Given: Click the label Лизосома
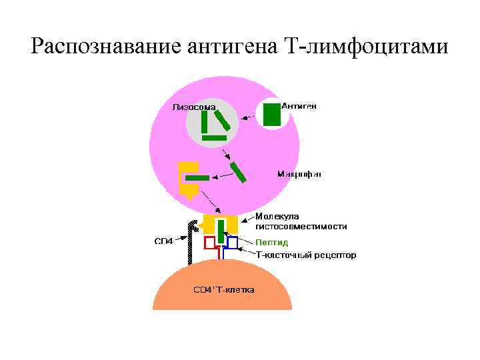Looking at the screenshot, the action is (x=194, y=107).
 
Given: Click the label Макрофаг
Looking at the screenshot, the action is (x=299, y=173).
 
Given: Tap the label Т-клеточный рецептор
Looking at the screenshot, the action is (x=306, y=255).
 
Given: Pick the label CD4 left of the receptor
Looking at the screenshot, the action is (x=164, y=241).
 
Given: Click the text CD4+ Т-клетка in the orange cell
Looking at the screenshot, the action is (x=223, y=290).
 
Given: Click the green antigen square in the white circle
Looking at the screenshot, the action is (x=271, y=114).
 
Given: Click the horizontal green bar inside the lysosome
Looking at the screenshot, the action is (x=215, y=137).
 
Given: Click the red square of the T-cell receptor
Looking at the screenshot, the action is (x=210, y=242).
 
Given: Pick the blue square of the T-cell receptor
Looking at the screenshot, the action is (x=232, y=242).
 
